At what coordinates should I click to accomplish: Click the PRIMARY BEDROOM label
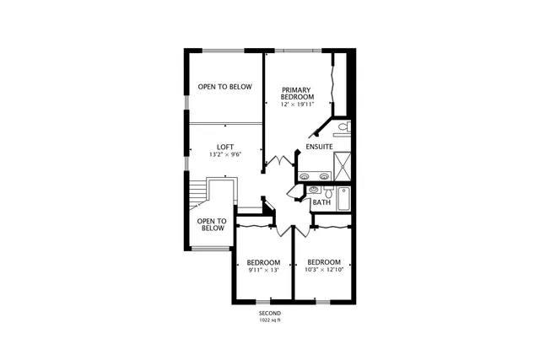[298, 94]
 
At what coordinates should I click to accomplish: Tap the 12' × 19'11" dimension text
[298, 105]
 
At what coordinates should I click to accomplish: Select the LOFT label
[225, 146]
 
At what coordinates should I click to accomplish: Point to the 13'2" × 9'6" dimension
[225, 154]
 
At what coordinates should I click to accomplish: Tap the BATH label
[321, 203]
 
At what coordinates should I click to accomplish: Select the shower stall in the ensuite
[343, 163]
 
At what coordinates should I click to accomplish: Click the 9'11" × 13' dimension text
[263, 271]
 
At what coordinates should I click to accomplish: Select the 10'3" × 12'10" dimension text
[324, 271]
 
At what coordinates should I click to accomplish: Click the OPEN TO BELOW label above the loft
[224, 87]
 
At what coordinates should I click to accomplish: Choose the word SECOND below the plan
[270, 314]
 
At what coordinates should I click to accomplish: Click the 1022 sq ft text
[270, 321]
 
